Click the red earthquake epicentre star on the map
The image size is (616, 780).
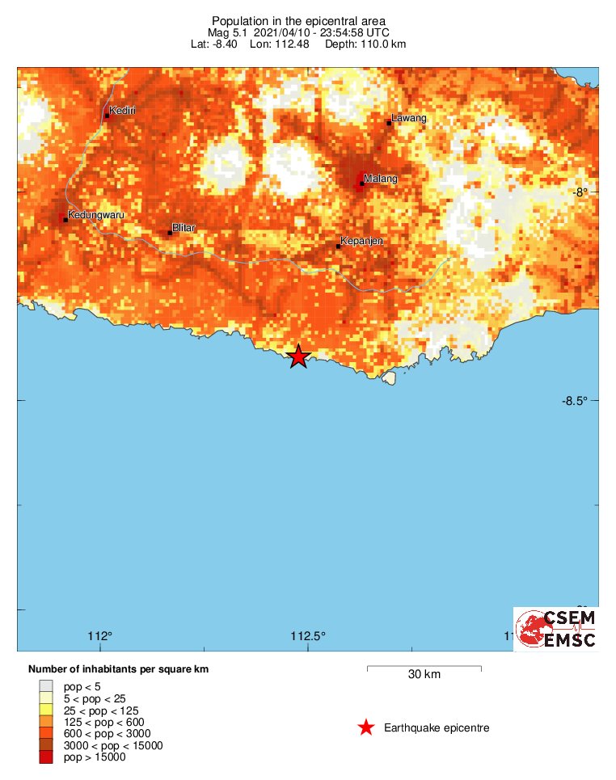298,356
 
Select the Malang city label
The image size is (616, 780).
381,178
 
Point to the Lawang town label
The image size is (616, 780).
408,118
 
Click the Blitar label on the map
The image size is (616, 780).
184,228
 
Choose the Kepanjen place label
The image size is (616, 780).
361,241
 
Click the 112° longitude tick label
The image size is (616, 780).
100,635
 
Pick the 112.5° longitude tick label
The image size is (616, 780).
308,635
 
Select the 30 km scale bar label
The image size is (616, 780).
424,675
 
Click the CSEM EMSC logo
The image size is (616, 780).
556,629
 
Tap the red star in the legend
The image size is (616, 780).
366,727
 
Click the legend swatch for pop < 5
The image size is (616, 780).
46,686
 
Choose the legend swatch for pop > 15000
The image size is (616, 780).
46,757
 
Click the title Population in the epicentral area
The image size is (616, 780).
298,20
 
